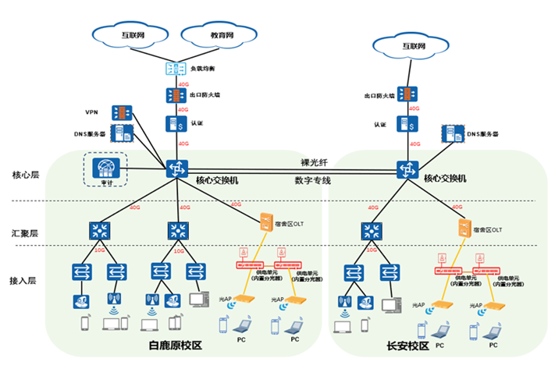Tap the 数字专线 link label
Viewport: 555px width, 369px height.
[313, 180]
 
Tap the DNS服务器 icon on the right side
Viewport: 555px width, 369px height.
[450, 134]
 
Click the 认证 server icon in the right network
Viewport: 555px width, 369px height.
[407, 123]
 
